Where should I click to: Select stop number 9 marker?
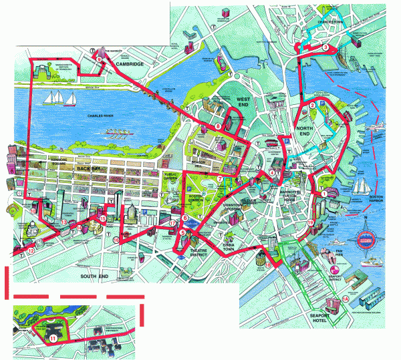tap(99, 59)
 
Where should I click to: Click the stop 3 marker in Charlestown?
tap(325, 47)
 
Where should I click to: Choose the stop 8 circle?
tap(217, 127)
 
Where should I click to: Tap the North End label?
tap(305, 134)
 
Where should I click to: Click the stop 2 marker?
tap(311, 105)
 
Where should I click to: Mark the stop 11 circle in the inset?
tap(53, 339)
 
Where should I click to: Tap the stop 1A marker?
tap(345, 299)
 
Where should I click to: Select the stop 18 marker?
tap(268, 264)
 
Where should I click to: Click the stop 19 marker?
tap(311, 222)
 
